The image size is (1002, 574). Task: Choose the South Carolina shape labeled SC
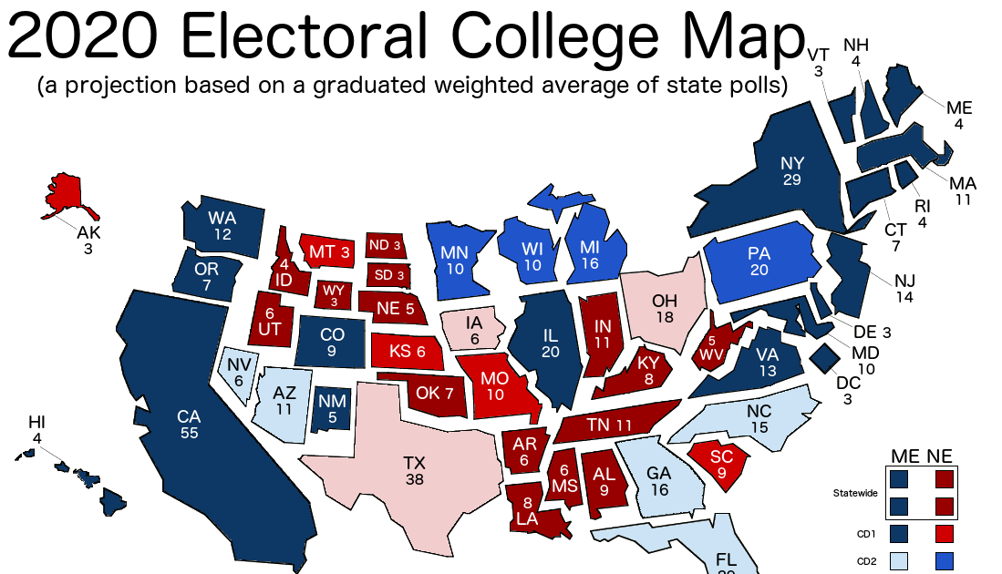719,464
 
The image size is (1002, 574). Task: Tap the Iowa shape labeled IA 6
473,330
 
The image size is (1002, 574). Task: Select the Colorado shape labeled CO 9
332,342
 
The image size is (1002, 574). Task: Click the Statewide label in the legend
855,493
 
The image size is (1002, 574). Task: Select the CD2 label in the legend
866,562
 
